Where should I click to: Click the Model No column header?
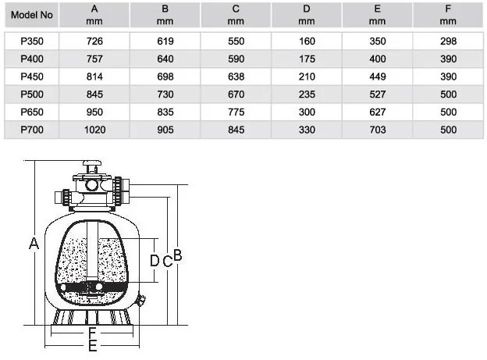click(32, 15)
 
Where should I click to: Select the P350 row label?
click(32, 41)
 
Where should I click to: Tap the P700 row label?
click(32, 130)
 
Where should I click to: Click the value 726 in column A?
click(94, 41)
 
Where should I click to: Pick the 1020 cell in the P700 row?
click(94, 130)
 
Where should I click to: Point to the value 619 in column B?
click(165, 41)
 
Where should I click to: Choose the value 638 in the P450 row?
click(236, 77)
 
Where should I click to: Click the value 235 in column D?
click(307, 94)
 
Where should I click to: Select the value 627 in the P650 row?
click(378, 112)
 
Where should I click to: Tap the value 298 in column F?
click(448, 41)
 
